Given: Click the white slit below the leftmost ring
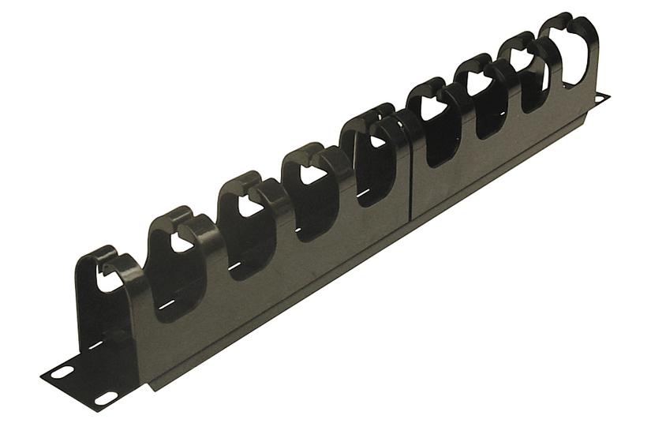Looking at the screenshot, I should (x=100, y=344).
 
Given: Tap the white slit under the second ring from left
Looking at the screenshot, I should (x=165, y=305).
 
